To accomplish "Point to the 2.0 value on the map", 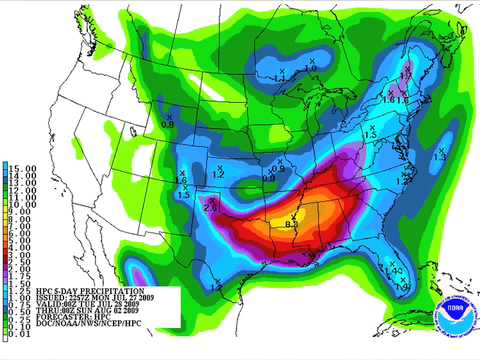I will point(210,208).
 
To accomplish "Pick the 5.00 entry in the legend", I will point(19,245).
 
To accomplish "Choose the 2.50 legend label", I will point(19,262).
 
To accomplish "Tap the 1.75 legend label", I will point(19,277).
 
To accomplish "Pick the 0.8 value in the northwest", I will point(167,124).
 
